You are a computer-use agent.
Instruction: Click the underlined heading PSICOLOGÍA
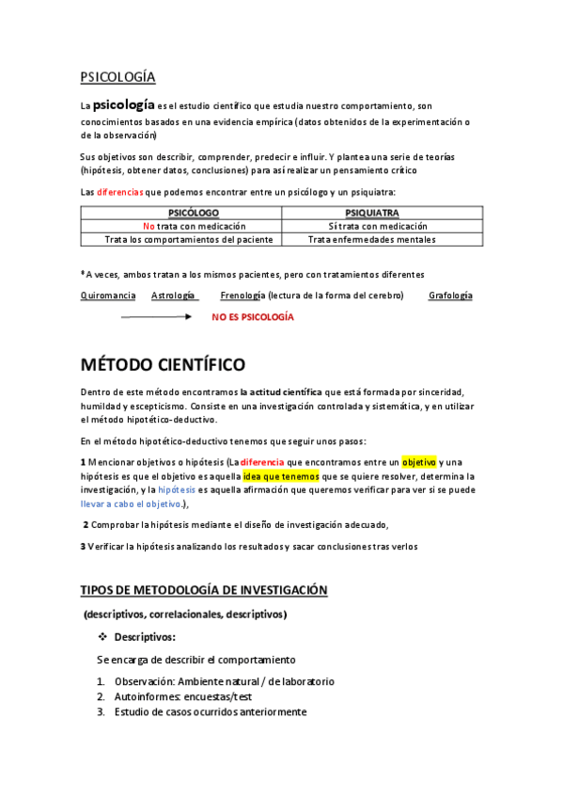117,77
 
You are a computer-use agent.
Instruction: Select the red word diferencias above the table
121,192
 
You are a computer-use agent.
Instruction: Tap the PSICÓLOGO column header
180,214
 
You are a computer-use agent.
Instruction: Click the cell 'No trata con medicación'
181,226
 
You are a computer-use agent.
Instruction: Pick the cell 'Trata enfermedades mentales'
372,239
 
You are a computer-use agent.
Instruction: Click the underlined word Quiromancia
108,295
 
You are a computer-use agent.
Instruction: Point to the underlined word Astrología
174,295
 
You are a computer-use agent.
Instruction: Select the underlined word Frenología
242,295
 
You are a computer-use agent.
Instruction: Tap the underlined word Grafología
450,295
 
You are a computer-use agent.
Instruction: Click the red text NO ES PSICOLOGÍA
253,318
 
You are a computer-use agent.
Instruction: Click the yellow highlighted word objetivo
418,462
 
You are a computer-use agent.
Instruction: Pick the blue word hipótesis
178,490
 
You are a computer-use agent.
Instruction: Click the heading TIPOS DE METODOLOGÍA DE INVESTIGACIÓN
204,590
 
